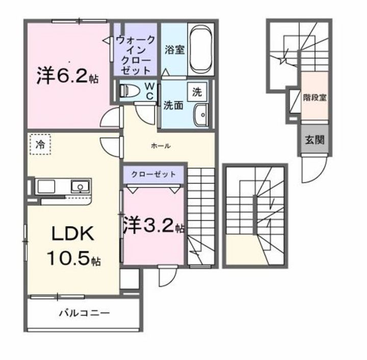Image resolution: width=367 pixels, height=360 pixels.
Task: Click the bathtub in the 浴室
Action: coord(201,49)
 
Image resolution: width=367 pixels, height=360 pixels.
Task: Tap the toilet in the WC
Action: coord(129,91)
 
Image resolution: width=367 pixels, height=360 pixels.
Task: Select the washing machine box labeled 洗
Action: coord(197,92)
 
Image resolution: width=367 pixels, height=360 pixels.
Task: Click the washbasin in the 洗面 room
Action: coord(201,115)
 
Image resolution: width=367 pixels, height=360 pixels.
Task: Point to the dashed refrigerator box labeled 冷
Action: coord(40,144)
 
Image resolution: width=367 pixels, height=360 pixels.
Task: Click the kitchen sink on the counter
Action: coord(80,187)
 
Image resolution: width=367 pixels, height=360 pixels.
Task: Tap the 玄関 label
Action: coord(314,140)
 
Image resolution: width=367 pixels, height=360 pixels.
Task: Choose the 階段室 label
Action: coord(314,97)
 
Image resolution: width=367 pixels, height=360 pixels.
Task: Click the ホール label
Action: coord(161,146)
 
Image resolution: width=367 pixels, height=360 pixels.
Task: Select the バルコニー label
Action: coord(84,313)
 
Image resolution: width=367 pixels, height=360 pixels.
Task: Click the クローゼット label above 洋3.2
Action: coord(153,174)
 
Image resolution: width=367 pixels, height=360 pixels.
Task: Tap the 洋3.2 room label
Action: coord(153,225)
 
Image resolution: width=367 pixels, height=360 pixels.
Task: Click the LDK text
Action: coord(73,234)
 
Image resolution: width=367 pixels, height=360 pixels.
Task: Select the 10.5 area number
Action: coord(68,258)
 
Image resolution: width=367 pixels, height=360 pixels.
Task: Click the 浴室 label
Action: coord(175,50)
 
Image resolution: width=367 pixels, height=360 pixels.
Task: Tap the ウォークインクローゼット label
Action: coord(135,56)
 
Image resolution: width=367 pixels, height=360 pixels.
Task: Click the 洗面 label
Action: coord(173,106)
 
